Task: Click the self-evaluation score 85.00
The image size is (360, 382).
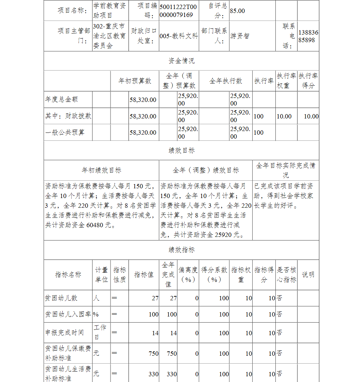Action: point(237,11)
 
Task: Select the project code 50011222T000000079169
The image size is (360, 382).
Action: point(178,11)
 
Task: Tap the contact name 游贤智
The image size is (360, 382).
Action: point(240,36)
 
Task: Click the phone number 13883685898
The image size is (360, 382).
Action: point(308,36)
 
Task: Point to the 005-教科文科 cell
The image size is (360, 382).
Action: point(179,36)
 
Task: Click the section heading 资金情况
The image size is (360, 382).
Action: point(181,61)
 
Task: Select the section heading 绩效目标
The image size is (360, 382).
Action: point(181,150)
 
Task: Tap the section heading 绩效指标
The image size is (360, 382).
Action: point(181,250)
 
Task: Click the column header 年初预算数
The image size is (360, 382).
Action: point(135,81)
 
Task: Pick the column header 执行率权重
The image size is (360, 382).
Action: point(287,81)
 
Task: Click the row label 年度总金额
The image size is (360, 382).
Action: point(62,99)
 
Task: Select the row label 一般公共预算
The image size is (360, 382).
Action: point(65,132)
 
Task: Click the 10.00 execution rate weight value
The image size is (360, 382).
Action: point(284,116)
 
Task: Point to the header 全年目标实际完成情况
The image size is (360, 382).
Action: point(285,170)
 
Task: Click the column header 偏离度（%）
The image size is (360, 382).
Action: point(188,275)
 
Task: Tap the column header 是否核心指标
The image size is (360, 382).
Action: point(287,275)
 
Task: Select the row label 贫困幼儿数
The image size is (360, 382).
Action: point(61,298)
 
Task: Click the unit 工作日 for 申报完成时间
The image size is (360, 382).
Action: point(100,332)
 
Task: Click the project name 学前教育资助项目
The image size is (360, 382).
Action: point(109,11)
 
